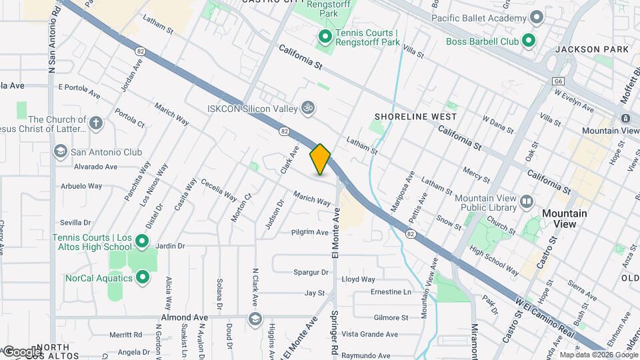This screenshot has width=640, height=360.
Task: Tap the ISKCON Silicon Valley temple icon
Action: (x=308, y=107)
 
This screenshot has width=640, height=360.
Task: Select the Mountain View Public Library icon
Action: (x=527, y=201)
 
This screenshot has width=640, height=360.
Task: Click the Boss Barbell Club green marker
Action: (x=529, y=41)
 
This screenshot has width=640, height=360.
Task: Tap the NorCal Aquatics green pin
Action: (x=142, y=277)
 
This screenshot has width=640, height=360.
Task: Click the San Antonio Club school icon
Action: (x=61, y=152)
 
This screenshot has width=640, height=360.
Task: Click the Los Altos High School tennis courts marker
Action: (x=142, y=241)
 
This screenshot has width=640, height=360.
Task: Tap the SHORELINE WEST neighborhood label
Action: (x=415, y=117)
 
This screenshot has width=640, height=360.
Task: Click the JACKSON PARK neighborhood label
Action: (x=591, y=49)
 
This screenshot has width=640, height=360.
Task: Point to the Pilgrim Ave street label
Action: (x=310, y=233)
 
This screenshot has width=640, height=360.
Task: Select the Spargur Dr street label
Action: (x=311, y=272)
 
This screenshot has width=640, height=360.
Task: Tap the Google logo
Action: (x=22, y=351)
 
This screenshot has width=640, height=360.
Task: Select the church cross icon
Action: (x=96, y=123)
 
